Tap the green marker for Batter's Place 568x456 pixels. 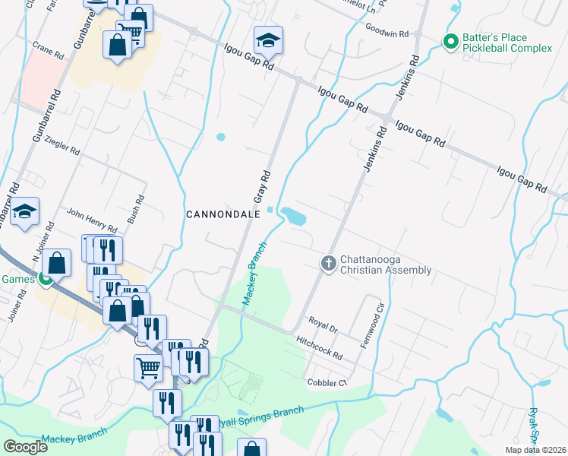(x=450, y=41)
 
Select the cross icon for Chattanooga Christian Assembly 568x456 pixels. (x=329, y=263)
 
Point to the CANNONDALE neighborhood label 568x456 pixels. (x=223, y=214)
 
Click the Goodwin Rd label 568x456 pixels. (x=387, y=34)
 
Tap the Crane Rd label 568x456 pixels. (x=48, y=52)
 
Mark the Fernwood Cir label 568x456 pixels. (x=377, y=316)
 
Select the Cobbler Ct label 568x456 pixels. (x=326, y=382)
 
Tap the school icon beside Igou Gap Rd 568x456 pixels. (x=268, y=41)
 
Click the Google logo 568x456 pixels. (x=25, y=446)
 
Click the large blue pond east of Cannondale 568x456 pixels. (x=292, y=217)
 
